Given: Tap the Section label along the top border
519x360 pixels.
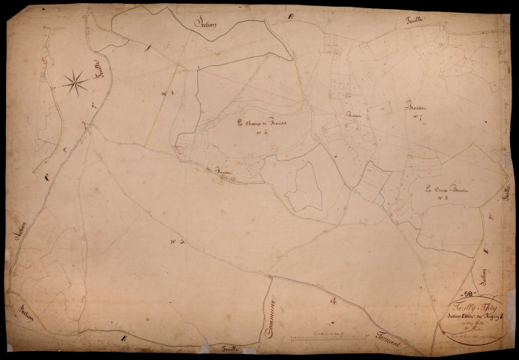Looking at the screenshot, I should point(205,23).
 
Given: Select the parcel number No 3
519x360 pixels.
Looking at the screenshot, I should point(167,93).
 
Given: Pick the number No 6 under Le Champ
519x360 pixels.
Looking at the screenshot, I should point(262,134).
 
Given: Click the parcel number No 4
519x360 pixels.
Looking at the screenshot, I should point(177,241).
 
